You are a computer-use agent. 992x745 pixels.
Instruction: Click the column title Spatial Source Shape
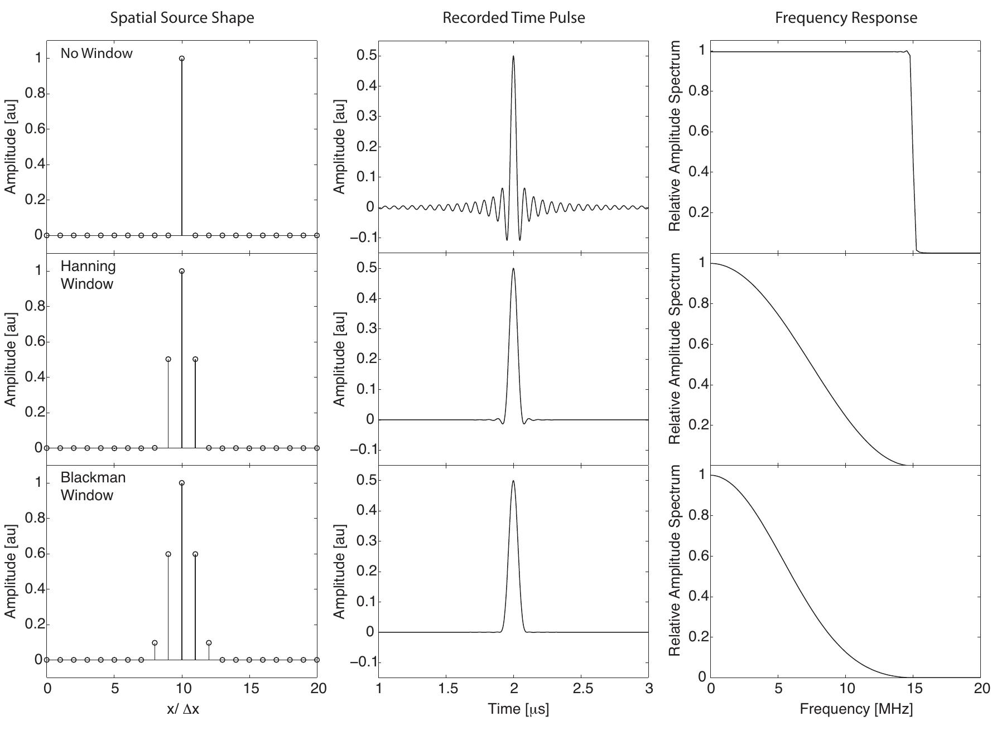[182, 18]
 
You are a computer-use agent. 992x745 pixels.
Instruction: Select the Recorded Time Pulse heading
[513, 18]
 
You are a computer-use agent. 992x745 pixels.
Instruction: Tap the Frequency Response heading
[846, 18]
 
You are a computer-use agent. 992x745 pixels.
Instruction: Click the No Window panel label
[97, 54]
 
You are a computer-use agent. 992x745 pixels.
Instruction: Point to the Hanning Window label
[88, 275]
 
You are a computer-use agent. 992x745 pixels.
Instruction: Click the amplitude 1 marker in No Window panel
[182, 59]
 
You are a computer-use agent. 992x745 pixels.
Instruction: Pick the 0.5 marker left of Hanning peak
[168, 359]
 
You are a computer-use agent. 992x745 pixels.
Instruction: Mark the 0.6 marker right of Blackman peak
[195, 554]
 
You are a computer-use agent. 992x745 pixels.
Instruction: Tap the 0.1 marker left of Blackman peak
[155, 642]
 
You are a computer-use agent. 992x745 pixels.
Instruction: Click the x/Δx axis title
[182, 709]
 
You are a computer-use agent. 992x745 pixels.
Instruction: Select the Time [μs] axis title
[518, 709]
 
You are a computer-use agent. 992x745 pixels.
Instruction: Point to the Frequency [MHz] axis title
[856, 709]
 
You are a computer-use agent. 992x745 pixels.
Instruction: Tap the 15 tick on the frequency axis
[913, 689]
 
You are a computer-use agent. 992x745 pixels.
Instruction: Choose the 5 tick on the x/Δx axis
[115, 689]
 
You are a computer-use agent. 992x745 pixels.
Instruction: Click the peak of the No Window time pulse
[513, 56]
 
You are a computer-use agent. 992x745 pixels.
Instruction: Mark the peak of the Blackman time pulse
[513, 481]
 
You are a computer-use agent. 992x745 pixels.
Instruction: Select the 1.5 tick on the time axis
[447, 689]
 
